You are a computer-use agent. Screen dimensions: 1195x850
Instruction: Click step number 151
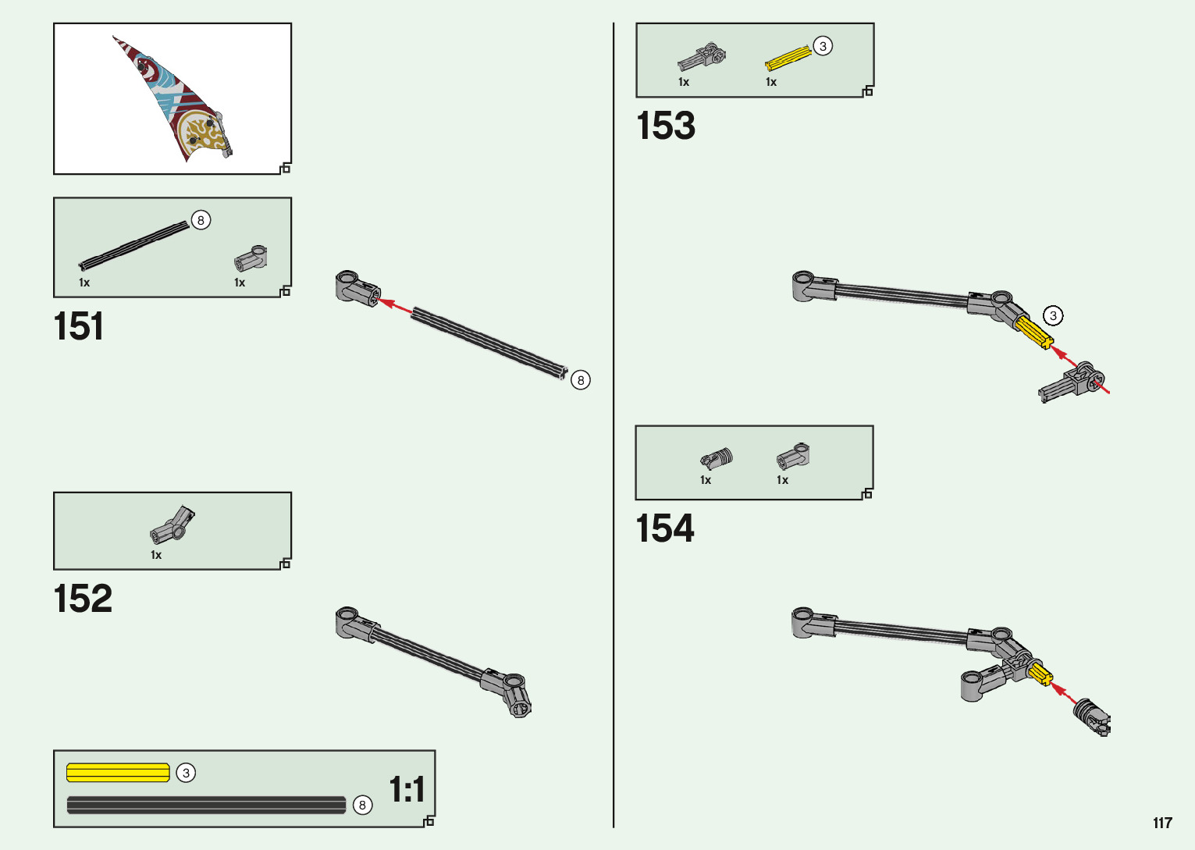(78, 326)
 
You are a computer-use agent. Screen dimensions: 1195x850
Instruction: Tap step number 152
(83, 599)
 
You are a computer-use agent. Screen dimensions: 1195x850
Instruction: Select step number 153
(665, 126)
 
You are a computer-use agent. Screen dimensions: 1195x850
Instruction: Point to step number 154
(664, 528)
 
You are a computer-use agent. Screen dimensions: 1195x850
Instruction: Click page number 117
(1162, 823)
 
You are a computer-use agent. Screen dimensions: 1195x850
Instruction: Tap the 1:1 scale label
(407, 789)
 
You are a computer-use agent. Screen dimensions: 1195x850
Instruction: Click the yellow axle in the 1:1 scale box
(118, 773)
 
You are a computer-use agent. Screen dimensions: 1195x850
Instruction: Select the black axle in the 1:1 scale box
(206, 805)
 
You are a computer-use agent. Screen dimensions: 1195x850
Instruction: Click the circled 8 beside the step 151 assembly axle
(581, 380)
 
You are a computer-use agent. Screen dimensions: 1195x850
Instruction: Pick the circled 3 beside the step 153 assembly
(1053, 315)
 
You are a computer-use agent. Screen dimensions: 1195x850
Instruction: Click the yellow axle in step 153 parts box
(788, 59)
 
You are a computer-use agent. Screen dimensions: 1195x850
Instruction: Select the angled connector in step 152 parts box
(173, 525)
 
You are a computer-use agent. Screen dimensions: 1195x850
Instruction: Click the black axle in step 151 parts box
(134, 245)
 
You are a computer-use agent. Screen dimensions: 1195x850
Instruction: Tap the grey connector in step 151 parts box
(251, 260)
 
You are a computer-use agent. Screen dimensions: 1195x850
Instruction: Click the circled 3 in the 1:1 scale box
(186, 773)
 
